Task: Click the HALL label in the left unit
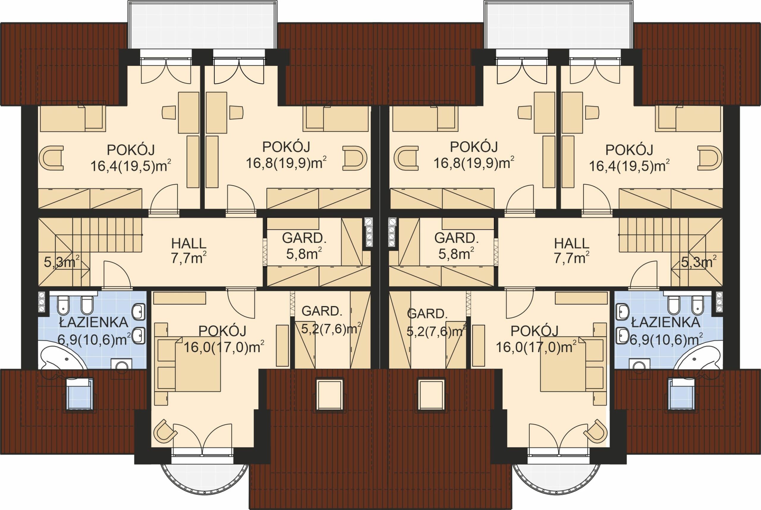point(188,244)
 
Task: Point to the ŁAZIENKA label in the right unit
point(666,322)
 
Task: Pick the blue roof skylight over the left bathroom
point(80,394)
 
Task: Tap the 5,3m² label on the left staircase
point(62,262)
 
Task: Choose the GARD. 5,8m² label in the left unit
point(304,246)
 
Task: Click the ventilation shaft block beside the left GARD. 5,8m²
point(369,232)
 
